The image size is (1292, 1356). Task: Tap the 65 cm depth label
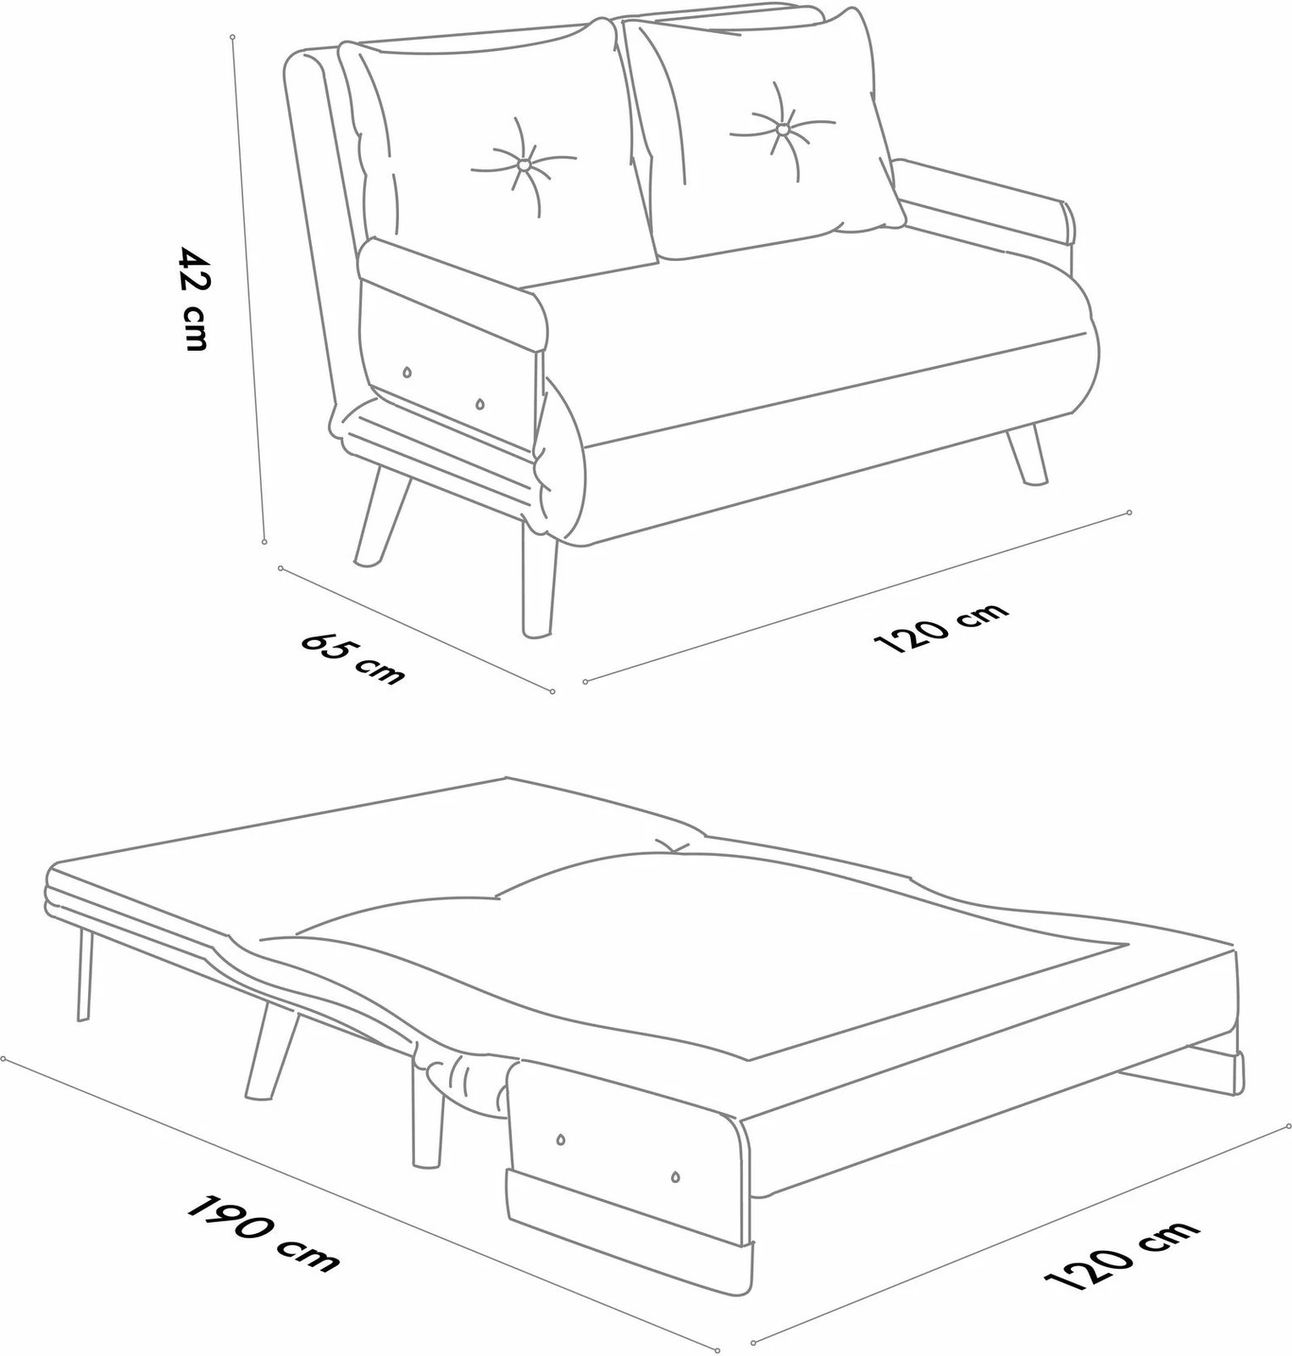[353, 657]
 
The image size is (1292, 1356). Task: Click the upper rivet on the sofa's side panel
[408, 372]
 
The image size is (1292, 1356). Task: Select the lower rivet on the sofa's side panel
[480, 404]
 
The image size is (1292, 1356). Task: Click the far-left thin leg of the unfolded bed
[83, 974]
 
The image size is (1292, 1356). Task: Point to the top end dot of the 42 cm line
[233, 37]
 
